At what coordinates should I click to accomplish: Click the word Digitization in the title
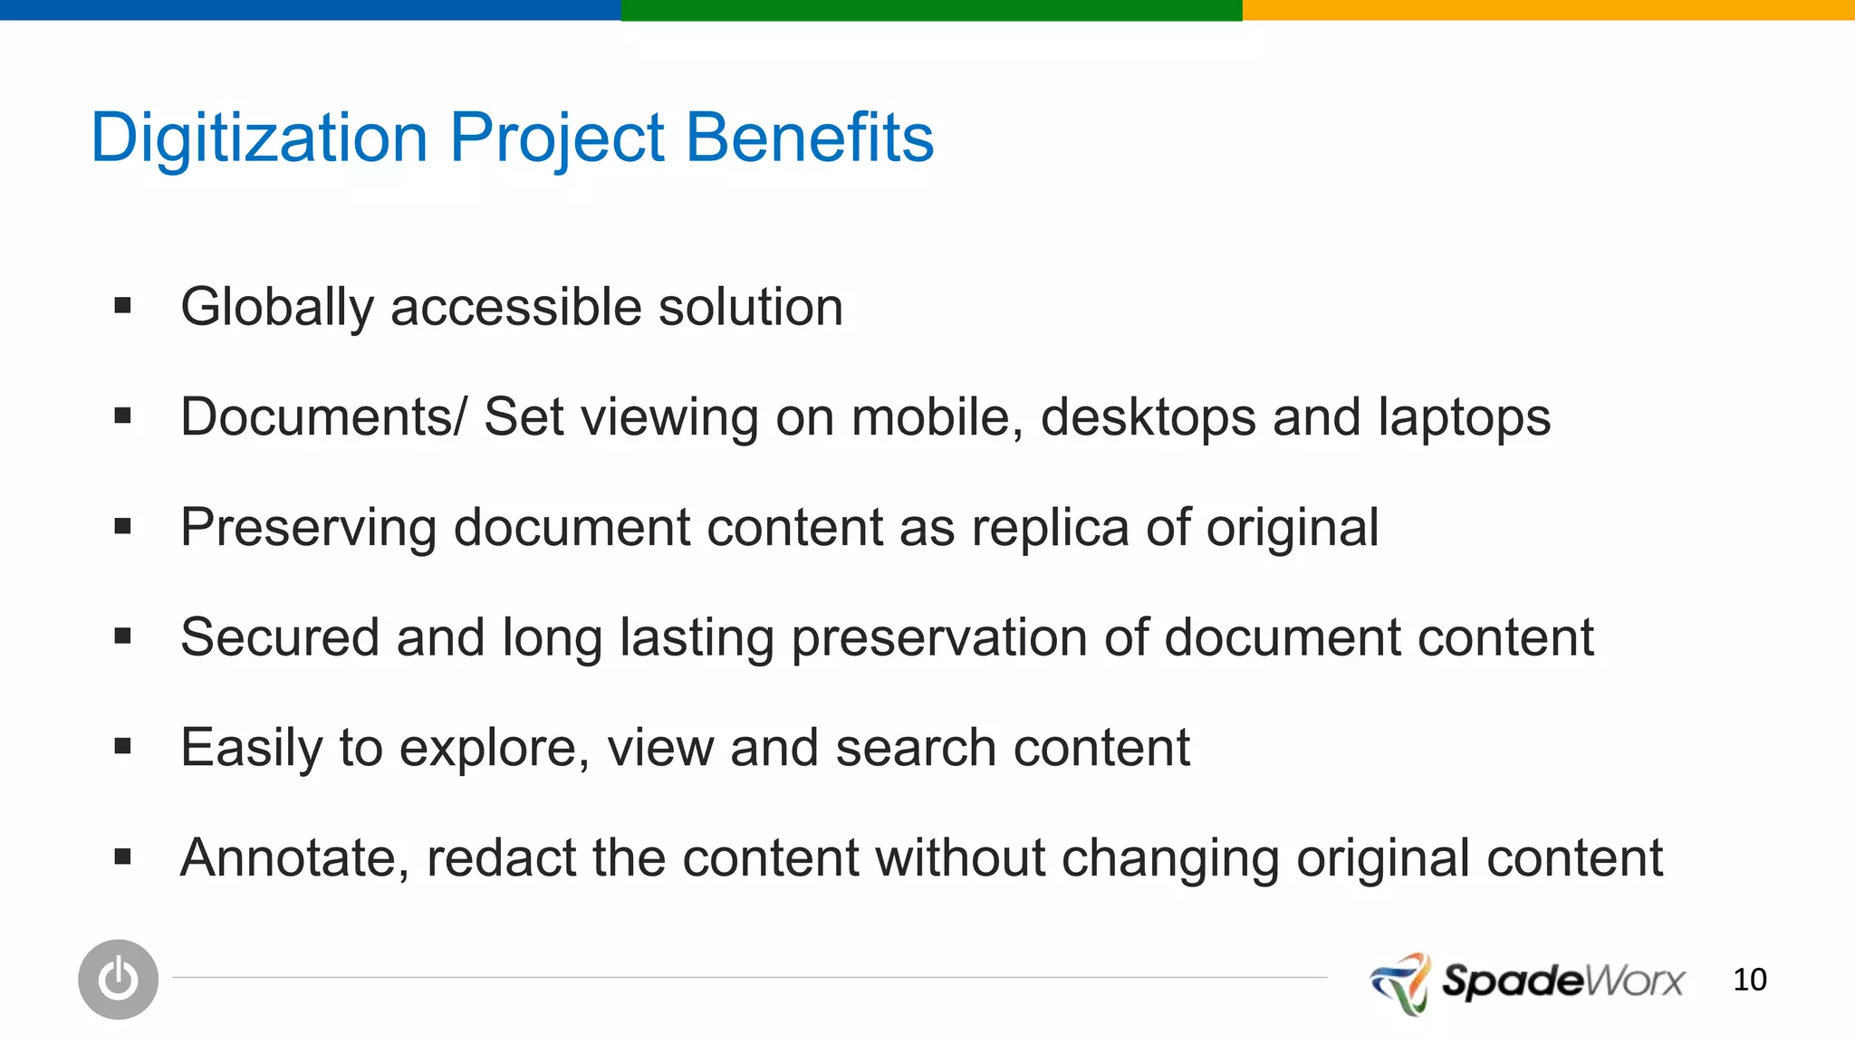pos(259,138)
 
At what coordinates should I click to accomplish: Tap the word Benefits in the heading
pos(809,138)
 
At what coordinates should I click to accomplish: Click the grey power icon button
pos(118,979)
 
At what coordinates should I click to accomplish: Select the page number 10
pos(1749,980)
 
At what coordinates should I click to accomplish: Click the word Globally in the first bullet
pos(276,308)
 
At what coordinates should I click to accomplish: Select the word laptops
pos(1464,419)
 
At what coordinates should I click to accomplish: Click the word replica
pos(1050,528)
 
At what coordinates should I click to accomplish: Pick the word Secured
pos(279,637)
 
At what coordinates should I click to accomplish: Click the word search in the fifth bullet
pos(915,748)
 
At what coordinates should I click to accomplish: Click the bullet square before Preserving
pos(123,526)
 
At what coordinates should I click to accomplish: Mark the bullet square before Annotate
pos(123,856)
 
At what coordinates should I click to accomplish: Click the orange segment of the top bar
pos(1548,10)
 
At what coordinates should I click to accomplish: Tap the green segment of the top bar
pos(931,10)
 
